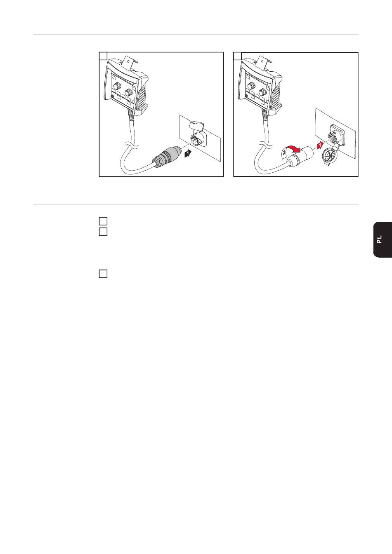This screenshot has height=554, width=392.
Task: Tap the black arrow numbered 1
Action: tap(188, 154)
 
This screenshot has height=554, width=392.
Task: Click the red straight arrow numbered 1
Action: tap(320, 145)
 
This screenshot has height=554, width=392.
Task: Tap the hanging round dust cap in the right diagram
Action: tap(331, 156)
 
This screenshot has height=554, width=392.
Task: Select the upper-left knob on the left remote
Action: tap(116, 87)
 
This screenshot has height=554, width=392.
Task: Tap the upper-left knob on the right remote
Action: tap(250, 87)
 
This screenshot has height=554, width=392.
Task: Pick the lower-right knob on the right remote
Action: tap(262, 92)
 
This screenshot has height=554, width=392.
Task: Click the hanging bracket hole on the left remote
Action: tap(128, 59)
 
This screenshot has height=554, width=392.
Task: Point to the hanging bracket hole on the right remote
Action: tap(262, 59)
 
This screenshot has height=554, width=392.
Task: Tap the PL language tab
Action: tap(383, 239)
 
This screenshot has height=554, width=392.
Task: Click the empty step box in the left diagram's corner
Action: tap(103, 56)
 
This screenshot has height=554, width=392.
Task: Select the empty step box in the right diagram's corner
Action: tap(238, 56)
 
